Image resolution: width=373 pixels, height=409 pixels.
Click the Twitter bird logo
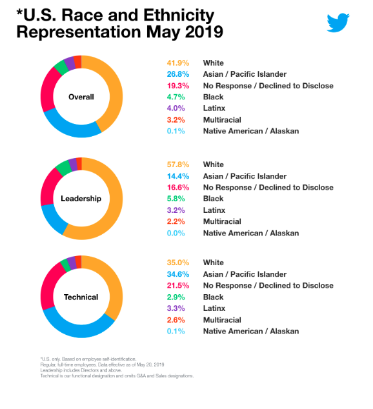[x=338, y=22]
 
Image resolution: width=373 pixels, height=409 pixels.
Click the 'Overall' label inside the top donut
[x=81, y=97]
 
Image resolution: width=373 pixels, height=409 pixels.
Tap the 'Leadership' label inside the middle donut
[x=81, y=198]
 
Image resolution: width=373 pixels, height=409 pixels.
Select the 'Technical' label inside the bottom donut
[x=81, y=297]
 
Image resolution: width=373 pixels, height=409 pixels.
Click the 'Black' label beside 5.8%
[x=214, y=199]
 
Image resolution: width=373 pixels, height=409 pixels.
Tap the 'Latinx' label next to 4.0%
[x=214, y=108]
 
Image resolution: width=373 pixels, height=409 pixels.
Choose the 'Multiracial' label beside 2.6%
[x=222, y=320]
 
